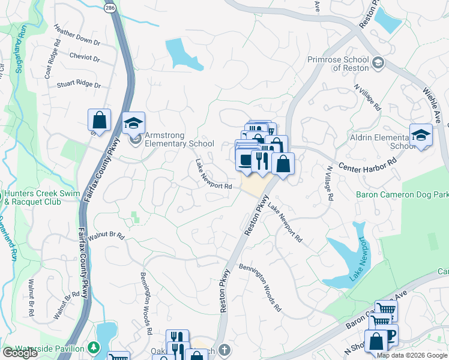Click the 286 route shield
click(109, 8)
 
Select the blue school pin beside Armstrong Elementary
click(134, 124)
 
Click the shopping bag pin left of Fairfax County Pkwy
click(99, 120)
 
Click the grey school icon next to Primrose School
click(378, 62)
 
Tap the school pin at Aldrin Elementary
click(421, 136)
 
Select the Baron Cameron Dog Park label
click(402, 194)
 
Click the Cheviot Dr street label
click(85, 58)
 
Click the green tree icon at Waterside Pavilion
click(94, 348)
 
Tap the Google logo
click(20, 353)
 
